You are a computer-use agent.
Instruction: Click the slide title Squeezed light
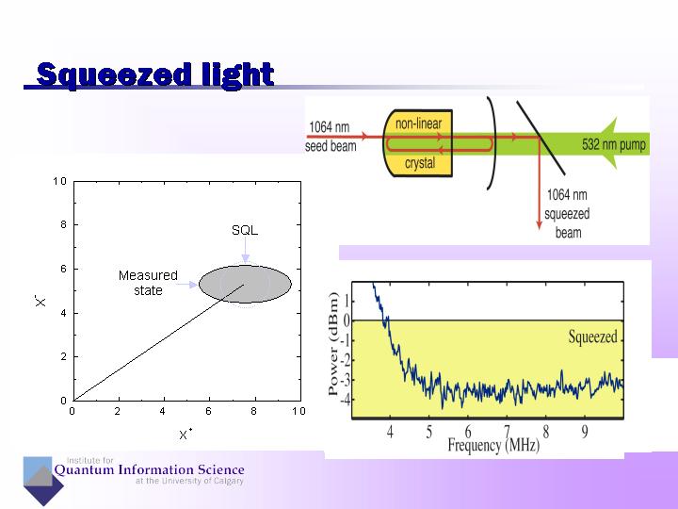click(x=153, y=74)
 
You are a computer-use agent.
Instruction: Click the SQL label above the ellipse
click(x=244, y=230)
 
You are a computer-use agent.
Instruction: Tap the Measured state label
click(x=148, y=283)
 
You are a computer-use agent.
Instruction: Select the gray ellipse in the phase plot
click(x=245, y=284)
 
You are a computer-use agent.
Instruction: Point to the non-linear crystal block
click(x=418, y=143)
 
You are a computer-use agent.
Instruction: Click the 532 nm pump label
click(x=611, y=145)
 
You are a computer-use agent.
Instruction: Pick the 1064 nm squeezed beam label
click(x=568, y=214)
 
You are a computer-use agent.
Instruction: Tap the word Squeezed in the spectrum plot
click(x=592, y=337)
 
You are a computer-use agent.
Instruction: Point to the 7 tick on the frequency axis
click(x=507, y=431)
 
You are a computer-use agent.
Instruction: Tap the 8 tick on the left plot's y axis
click(x=61, y=224)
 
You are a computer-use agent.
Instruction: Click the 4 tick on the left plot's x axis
click(x=163, y=411)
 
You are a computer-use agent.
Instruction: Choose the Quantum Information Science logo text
click(x=149, y=470)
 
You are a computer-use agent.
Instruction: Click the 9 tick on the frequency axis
click(x=585, y=431)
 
